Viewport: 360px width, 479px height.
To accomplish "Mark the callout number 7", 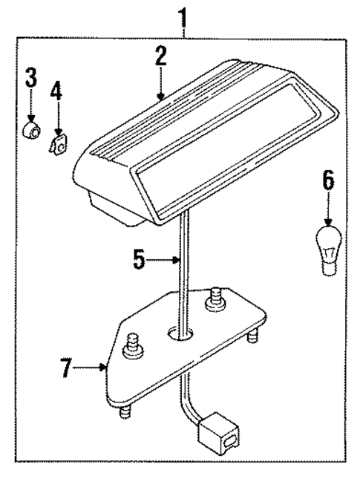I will pyautogui.click(x=68, y=366).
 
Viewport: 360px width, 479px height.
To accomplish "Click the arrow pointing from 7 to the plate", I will pyautogui.click(x=95, y=366).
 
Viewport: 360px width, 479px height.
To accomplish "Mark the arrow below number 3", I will pyautogui.click(x=30, y=110).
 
